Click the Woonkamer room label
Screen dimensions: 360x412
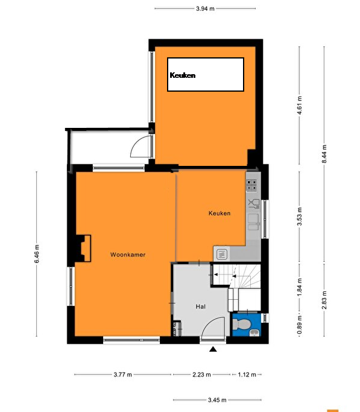[x=128, y=255]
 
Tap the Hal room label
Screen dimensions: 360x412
[x=201, y=306]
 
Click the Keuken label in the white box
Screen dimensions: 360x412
[x=183, y=75]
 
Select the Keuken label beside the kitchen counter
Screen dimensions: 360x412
[x=219, y=213]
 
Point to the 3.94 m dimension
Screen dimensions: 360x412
[x=205, y=8]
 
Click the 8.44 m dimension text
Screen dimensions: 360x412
[x=324, y=154]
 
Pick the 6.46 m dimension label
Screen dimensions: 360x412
[x=37, y=254]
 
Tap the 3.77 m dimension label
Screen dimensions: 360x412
[x=122, y=375]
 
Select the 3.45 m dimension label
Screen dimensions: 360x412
[x=217, y=400]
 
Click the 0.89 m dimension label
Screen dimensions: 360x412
[x=299, y=325]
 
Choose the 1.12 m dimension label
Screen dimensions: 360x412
[x=247, y=375]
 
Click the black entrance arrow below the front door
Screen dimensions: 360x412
[x=213, y=349]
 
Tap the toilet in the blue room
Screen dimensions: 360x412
[x=239, y=324]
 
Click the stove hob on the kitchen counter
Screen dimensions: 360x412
[x=251, y=185]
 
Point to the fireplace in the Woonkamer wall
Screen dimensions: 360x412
[x=83, y=249]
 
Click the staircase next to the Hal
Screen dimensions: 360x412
[x=236, y=276]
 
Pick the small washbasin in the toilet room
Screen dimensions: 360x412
[x=254, y=332]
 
